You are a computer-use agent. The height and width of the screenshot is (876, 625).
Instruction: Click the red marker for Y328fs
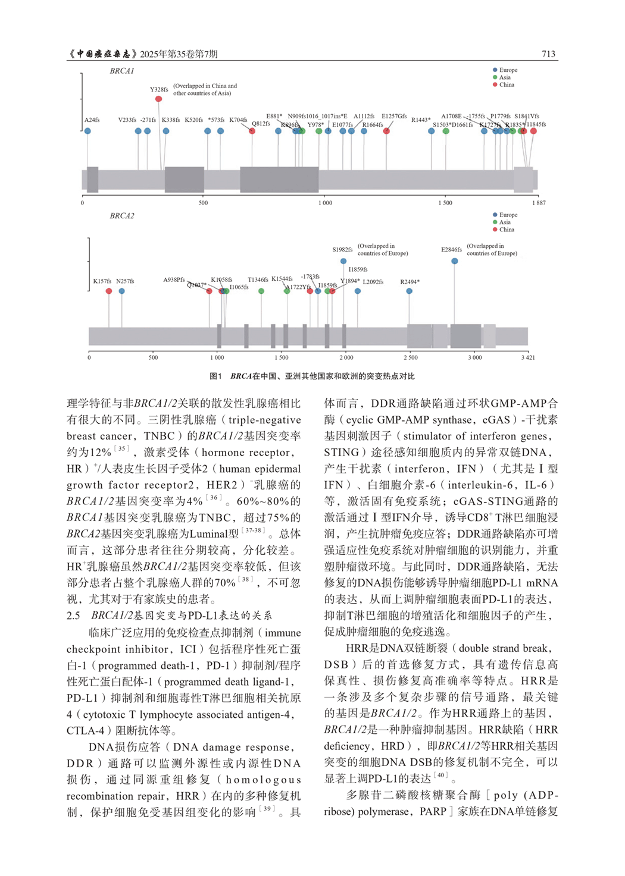point(158,99)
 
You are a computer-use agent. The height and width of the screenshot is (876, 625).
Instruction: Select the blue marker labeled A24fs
point(87,131)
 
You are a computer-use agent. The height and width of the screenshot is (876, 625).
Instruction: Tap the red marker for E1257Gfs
point(387,131)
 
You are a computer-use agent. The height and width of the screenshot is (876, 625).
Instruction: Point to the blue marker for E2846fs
point(455,261)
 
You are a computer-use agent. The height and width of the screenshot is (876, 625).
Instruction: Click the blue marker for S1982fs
point(343,261)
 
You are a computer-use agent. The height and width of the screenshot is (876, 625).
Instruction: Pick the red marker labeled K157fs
point(109,291)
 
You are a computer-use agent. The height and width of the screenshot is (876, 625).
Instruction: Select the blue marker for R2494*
point(409,291)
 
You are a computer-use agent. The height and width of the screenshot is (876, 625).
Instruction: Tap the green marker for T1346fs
point(261,291)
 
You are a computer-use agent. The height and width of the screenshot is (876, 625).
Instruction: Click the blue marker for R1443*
point(432,131)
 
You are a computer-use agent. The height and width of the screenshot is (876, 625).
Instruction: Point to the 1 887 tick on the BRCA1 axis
point(537,203)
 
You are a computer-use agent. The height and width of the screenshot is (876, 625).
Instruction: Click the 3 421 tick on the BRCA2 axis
point(527,357)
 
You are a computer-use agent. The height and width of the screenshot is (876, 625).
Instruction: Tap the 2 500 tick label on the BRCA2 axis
point(410,357)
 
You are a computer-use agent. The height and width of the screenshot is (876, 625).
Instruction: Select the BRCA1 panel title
point(122,71)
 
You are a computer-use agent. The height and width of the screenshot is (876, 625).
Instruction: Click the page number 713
point(548,54)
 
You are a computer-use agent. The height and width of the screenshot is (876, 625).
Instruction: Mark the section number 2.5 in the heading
point(73,616)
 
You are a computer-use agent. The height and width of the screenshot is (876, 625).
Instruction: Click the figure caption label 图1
point(215,376)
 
